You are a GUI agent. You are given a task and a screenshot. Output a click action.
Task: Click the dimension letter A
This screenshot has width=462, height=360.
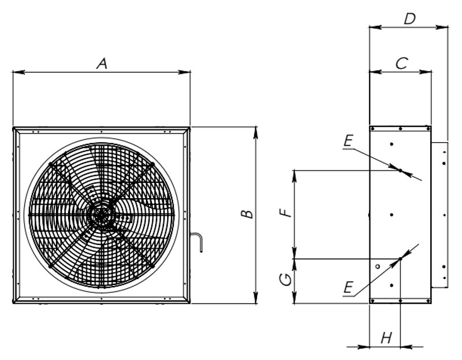(x=102, y=64)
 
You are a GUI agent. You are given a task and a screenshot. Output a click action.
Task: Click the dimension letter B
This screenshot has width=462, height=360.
(x=247, y=213)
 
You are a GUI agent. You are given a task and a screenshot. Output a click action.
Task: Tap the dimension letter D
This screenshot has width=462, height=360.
(x=409, y=18)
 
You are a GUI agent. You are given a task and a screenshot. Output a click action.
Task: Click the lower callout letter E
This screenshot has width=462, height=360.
(x=348, y=287)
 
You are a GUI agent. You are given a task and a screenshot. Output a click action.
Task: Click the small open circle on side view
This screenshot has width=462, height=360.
(x=377, y=266)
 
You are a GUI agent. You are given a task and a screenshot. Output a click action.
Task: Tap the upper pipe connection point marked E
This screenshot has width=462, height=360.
(x=400, y=170)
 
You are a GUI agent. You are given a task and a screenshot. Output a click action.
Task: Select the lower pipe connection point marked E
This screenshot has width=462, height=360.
(x=400, y=258)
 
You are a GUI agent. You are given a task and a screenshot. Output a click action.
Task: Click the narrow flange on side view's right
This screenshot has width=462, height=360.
(x=439, y=214)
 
